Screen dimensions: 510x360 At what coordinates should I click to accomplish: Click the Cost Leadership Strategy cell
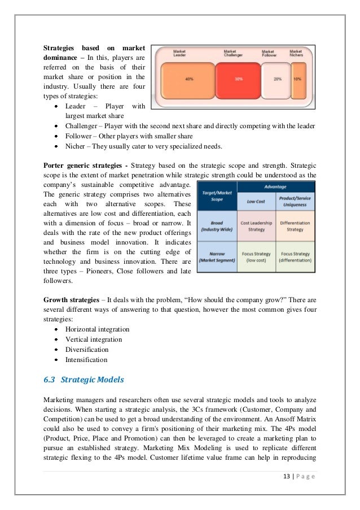257,225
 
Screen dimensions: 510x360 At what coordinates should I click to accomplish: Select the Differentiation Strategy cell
295,225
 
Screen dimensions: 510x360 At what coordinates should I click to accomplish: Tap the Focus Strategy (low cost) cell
257,257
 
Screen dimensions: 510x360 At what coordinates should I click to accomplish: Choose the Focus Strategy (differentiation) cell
295,257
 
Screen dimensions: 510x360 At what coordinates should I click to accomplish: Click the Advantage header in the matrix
276,186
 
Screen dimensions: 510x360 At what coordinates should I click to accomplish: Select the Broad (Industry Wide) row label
218,226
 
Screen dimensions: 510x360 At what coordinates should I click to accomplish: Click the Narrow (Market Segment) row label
218,257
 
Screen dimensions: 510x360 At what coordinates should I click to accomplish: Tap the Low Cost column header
257,200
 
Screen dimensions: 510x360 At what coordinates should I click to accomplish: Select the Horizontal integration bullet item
97,329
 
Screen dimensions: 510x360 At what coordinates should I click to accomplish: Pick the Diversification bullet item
90,350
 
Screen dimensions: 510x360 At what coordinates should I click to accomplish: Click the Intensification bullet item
86,360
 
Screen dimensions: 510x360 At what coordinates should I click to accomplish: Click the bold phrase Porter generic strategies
84,165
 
